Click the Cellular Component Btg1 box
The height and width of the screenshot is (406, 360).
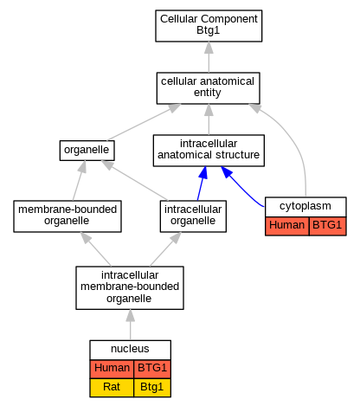pyautogui.click(x=209, y=26)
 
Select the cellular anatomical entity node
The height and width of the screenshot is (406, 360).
pyautogui.click(x=208, y=88)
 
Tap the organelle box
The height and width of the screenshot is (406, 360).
pyautogui.click(x=87, y=151)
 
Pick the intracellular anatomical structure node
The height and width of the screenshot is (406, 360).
pyautogui.click(x=209, y=151)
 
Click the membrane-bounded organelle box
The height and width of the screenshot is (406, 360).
pyautogui.click(x=67, y=216)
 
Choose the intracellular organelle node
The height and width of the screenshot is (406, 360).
pyautogui.click(x=193, y=216)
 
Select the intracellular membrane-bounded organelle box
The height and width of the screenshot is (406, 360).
pyautogui.click(x=130, y=287)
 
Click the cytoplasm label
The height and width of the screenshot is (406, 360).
pyautogui.click(x=305, y=206)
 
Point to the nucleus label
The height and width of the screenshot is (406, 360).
pyautogui.click(x=130, y=349)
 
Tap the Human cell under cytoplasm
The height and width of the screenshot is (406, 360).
pyautogui.click(x=287, y=226)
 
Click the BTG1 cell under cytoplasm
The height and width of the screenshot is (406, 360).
pyautogui.click(x=327, y=226)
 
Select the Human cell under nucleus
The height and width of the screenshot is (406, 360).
pyautogui.click(x=112, y=369)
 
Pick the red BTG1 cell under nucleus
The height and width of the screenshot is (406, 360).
pyautogui.click(x=152, y=369)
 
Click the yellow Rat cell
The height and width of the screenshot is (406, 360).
pyautogui.click(x=112, y=388)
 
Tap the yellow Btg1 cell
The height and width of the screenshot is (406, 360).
pyautogui.click(x=152, y=388)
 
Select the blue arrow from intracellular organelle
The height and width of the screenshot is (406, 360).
pyautogui.click(x=202, y=184)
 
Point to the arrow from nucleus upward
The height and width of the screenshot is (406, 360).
pyautogui.click(x=131, y=325)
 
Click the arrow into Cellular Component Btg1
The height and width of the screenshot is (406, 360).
pyautogui.click(x=209, y=57)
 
